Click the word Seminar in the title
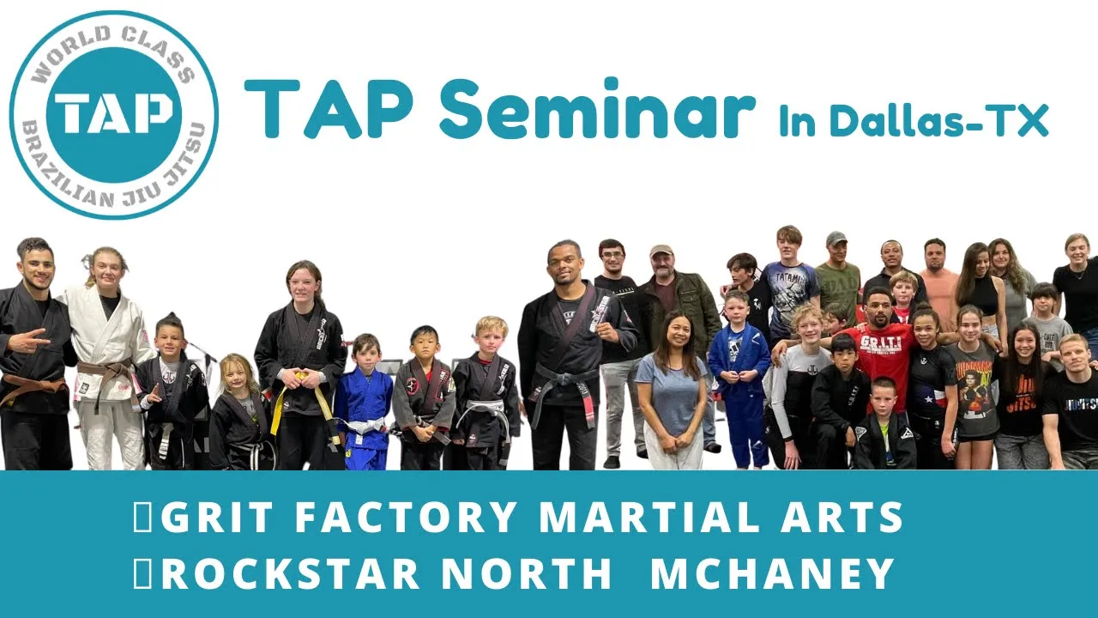(x=597, y=109)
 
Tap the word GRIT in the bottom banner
(x=216, y=517)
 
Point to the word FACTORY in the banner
(x=405, y=517)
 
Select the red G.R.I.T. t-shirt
(x=884, y=358)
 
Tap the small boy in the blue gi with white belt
(x=363, y=403)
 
